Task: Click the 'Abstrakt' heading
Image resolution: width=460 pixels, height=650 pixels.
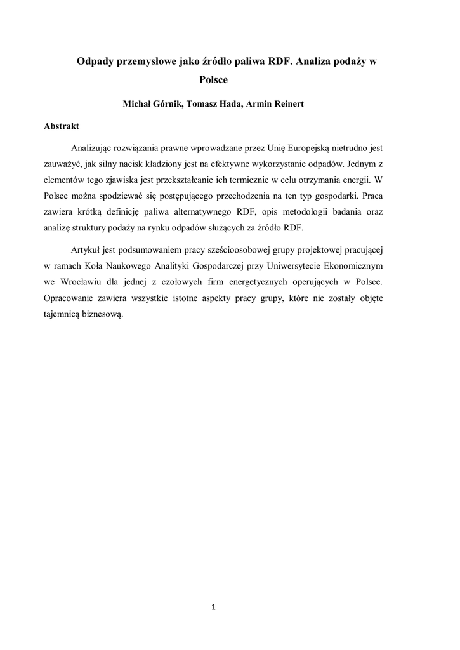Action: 62,126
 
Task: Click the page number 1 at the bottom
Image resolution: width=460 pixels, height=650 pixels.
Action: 214,607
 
